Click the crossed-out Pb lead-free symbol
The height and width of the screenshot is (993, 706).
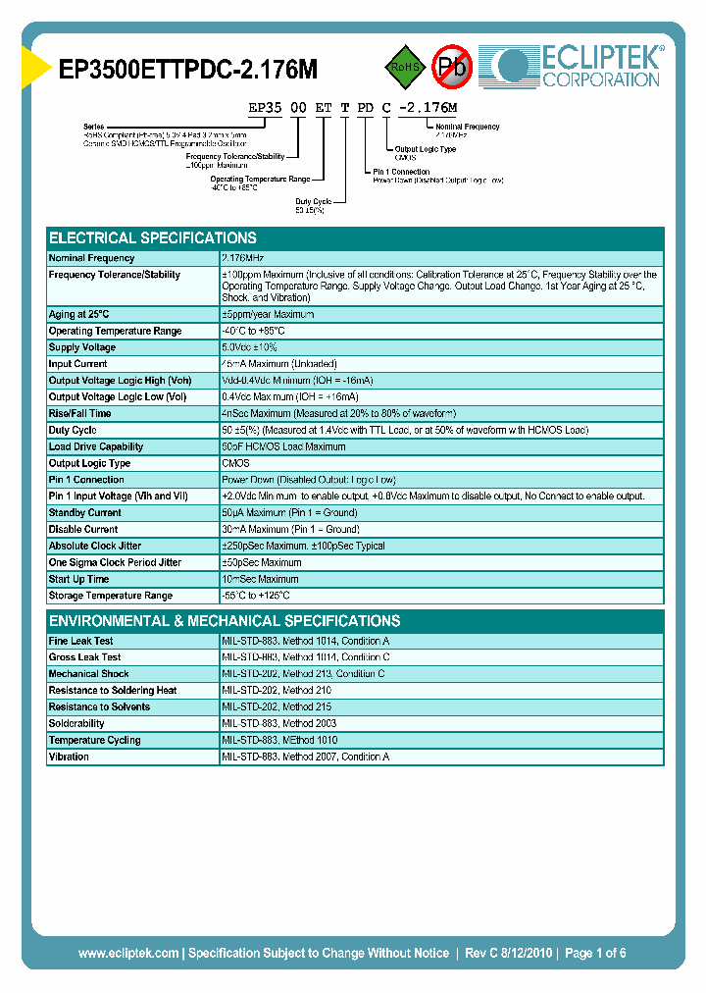coord(452,67)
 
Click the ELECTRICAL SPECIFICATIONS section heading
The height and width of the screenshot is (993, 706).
coord(153,237)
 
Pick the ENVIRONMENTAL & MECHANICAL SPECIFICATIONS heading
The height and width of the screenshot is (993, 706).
coord(225,621)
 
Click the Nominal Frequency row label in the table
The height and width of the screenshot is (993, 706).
coord(92,258)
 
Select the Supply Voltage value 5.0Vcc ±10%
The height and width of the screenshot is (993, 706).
coord(250,347)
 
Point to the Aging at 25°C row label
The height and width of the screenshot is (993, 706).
coord(80,314)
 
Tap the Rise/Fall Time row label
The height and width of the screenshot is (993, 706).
coord(79,413)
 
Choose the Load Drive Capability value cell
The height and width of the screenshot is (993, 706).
coord(283,446)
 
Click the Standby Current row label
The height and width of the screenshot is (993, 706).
coord(85,512)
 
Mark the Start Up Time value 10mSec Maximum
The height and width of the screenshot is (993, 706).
coord(261,579)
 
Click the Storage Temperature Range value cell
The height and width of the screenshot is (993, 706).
coord(256,596)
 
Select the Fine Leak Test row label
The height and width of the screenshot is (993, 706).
coord(81,641)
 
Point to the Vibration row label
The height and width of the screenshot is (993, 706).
coord(70,757)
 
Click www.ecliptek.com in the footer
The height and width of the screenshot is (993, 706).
coord(128,953)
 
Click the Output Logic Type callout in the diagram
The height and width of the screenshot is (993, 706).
coord(425,149)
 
